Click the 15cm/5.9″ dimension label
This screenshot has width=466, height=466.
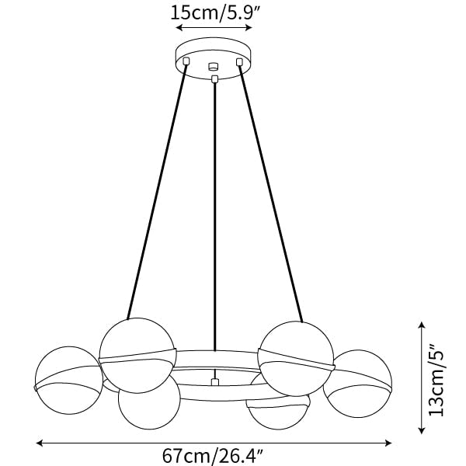tap(215, 12)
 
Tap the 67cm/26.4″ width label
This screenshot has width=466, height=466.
tap(213, 455)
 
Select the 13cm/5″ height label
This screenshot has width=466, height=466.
tap(436, 380)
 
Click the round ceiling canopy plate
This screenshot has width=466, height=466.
tap(214, 58)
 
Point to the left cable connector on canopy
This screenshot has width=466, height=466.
tap(186, 61)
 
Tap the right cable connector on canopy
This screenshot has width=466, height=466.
tap(239, 62)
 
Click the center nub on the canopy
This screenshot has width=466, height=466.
tap(214, 66)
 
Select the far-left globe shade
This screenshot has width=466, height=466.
tap(68, 380)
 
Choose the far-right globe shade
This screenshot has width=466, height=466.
tap(357, 384)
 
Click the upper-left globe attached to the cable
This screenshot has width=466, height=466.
tap(137, 355)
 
